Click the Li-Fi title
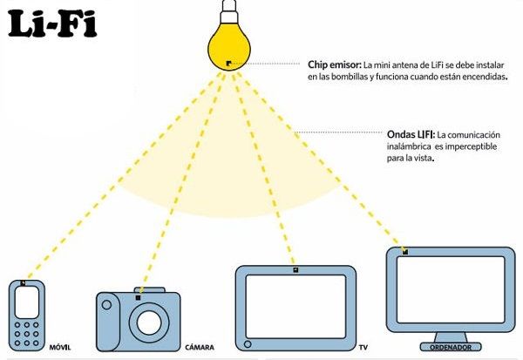tap(52, 24)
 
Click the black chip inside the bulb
tap(228, 63)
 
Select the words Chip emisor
tap(335, 65)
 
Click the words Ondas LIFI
tap(411, 135)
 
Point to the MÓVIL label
tap(60, 347)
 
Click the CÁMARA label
tap(200, 347)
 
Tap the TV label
tap(363, 347)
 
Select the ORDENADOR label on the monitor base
tap(451, 347)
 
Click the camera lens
tap(149, 323)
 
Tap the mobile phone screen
tap(27, 302)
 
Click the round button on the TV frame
tap(248, 344)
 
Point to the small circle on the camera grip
tap(106, 304)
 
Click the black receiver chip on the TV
tap(295, 270)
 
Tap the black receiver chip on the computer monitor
tap(405, 252)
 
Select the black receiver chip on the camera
tap(138, 297)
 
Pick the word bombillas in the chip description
tap(349, 77)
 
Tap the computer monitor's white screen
tap(451, 289)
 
